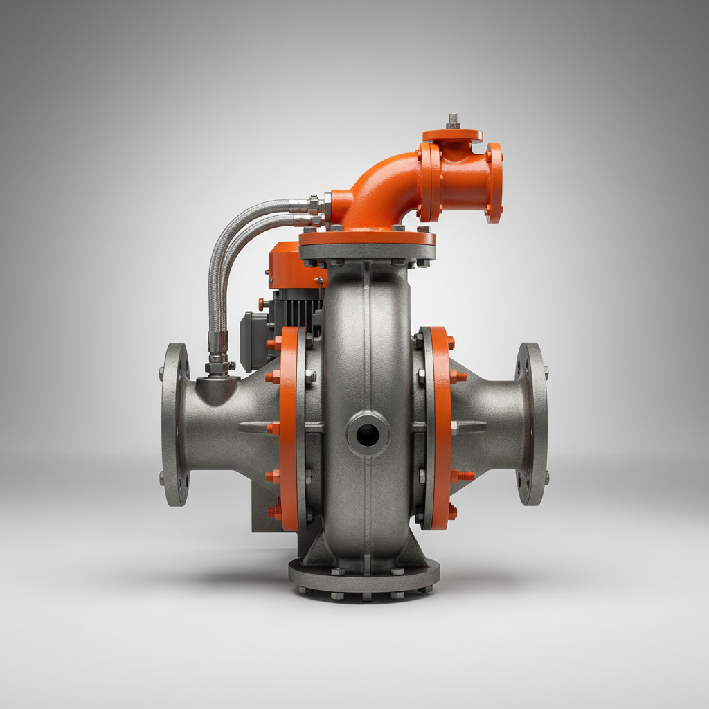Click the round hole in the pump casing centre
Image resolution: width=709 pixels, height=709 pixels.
(367, 435)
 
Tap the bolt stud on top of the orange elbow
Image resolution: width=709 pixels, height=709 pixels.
(453, 120)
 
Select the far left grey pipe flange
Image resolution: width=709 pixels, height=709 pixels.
(174, 424)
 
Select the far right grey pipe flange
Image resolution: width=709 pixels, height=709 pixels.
(532, 424)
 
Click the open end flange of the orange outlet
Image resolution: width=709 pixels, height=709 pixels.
(494, 182)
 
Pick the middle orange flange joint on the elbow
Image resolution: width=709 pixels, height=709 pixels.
(430, 181)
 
